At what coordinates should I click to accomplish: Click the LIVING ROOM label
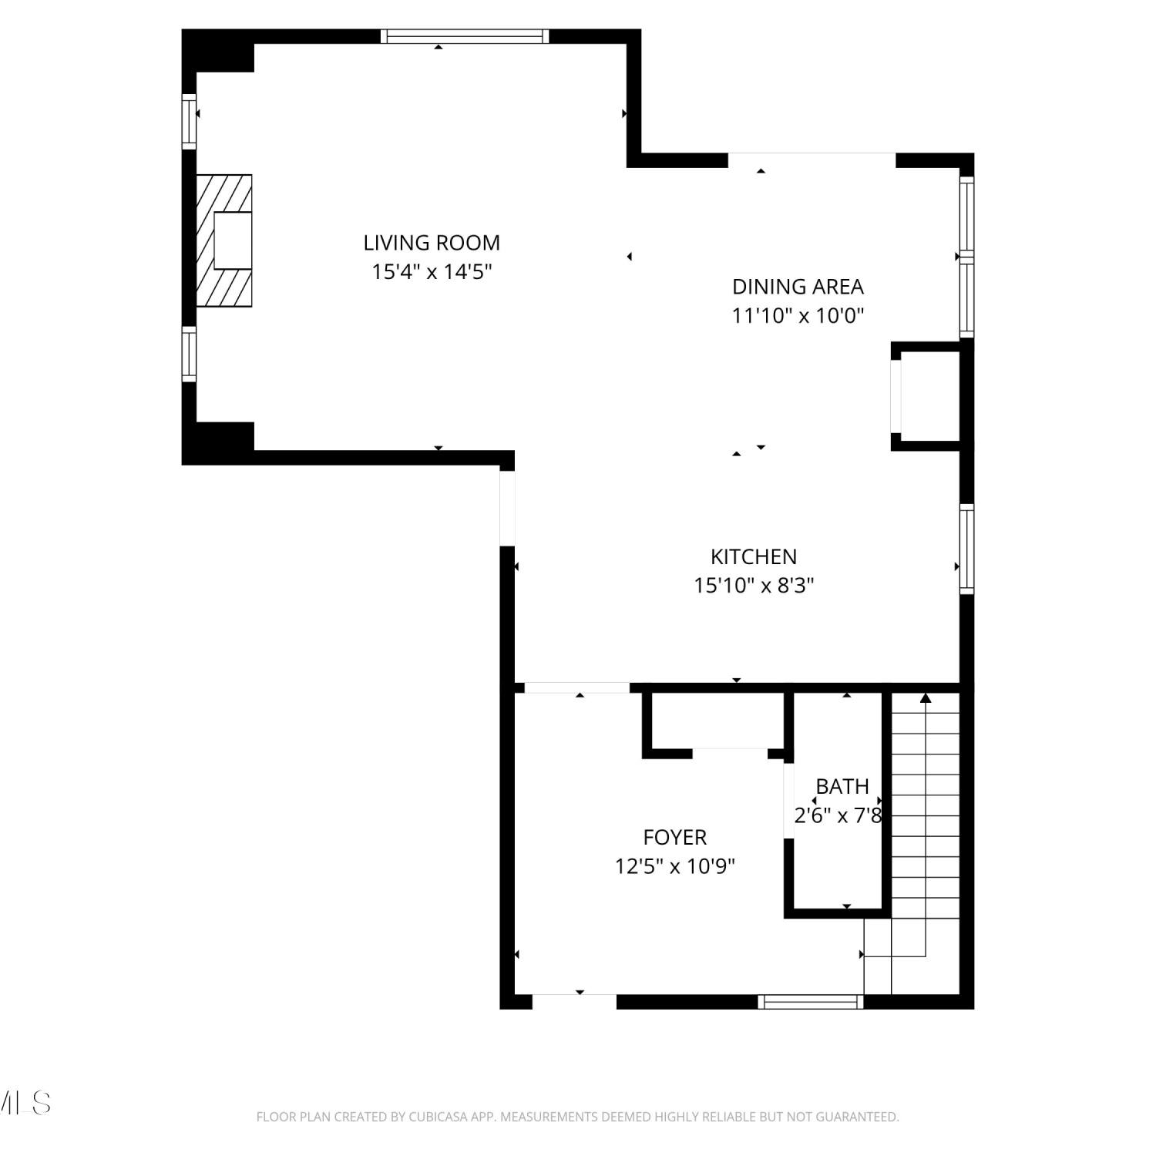[432, 243]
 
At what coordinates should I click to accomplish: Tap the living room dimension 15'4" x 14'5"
[432, 272]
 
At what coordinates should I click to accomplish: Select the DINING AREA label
[798, 287]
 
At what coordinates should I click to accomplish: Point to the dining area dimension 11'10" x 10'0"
[798, 315]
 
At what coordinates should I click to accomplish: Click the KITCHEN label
[754, 556]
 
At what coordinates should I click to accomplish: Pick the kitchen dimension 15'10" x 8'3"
[754, 586]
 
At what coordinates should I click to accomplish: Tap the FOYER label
[675, 837]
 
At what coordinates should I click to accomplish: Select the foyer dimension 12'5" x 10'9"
[675, 866]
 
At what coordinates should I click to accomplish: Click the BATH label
[842, 786]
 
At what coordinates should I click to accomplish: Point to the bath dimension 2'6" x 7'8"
[838, 815]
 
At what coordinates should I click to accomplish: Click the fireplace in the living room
[224, 240]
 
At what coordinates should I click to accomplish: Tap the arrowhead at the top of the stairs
[926, 698]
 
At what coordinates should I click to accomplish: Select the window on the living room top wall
[465, 36]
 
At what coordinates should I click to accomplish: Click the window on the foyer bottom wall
[810, 1001]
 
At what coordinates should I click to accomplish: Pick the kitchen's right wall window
[966, 549]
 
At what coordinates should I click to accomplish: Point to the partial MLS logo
[25, 1103]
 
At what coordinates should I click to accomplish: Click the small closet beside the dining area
[929, 396]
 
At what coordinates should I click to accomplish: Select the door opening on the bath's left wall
[788, 800]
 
